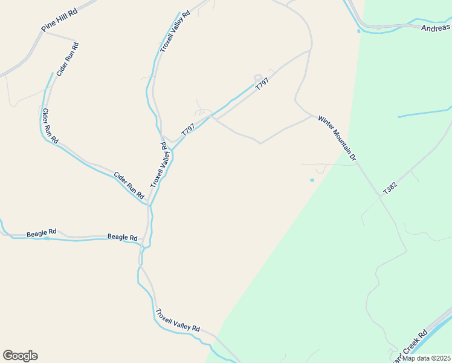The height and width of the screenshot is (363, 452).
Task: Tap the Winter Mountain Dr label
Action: click(x=337, y=138)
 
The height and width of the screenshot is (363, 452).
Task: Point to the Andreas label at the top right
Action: click(x=436, y=27)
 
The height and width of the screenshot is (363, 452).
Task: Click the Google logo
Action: click(x=20, y=356)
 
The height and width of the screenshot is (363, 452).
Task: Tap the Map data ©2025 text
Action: click(x=425, y=358)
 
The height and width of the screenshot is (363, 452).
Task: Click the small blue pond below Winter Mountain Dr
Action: click(x=312, y=180)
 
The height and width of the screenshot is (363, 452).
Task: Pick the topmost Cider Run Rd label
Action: click(x=67, y=59)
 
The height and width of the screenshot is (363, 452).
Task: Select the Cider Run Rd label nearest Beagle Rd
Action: click(x=129, y=186)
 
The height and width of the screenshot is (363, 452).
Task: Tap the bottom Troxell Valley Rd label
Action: click(x=177, y=320)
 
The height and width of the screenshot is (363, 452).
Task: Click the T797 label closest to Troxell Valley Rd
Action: click(x=188, y=129)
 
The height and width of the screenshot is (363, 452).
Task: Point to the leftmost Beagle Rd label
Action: click(x=41, y=232)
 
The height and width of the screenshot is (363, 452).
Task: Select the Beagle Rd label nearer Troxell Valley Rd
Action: click(x=122, y=237)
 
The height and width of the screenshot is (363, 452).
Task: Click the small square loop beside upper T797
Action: click(x=258, y=77)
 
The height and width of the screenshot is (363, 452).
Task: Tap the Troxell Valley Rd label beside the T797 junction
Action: click(x=158, y=165)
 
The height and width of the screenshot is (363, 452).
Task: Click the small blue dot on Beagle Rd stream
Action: click(x=47, y=238)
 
